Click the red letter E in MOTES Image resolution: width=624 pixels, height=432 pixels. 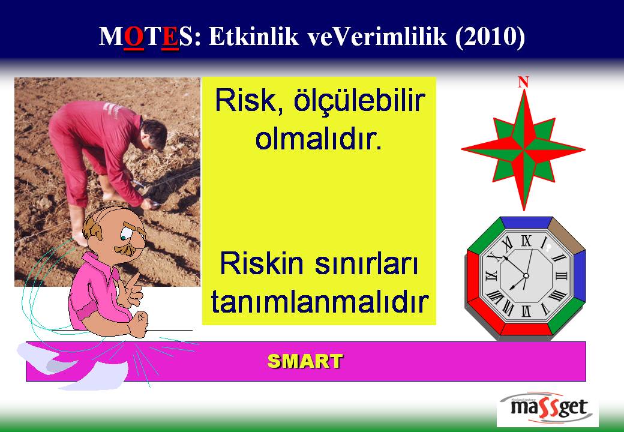pyautogui.click(x=170, y=37)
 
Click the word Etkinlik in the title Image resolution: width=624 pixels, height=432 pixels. pyautogui.click(x=253, y=37)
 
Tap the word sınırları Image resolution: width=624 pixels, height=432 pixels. pyautogui.click(x=366, y=263)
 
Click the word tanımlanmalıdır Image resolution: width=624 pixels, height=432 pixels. pyautogui.click(x=319, y=301)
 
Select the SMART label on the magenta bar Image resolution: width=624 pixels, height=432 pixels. pyautogui.click(x=305, y=361)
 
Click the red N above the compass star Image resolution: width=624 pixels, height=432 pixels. pyautogui.click(x=523, y=82)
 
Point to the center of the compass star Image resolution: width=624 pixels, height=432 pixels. pyautogui.click(x=523, y=149)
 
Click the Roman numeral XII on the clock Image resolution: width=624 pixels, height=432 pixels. pyautogui.click(x=526, y=241)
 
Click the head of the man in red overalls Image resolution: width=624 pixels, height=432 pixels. pyautogui.click(x=154, y=134)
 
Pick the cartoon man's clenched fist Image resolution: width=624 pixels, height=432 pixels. pyautogui.click(x=139, y=322)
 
